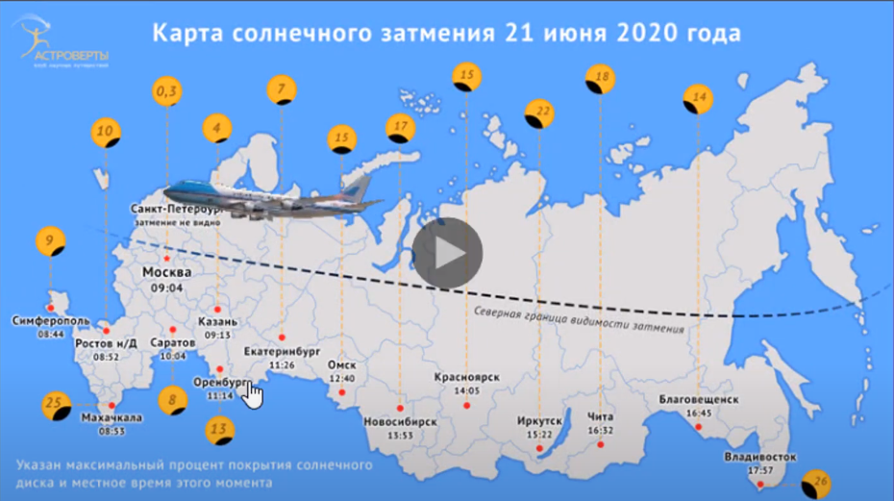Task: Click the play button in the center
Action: pyautogui.click(x=448, y=253)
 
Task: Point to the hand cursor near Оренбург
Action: pyautogui.click(x=253, y=393)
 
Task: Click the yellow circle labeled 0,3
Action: pyautogui.click(x=167, y=90)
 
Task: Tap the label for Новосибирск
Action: pyautogui.click(x=400, y=421)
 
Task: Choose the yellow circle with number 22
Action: pyautogui.click(x=539, y=114)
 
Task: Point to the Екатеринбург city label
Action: pyautogui.click(x=281, y=352)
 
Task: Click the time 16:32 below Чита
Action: pyautogui.click(x=600, y=431)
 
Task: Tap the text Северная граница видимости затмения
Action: pyautogui.click(x=579, y=319)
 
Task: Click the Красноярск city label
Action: pyautogui.click(x=466, y=377)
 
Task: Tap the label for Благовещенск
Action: pyautogui.click(x=699, y=399)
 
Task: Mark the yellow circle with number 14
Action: pyautogui.click(x=697, y=99)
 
